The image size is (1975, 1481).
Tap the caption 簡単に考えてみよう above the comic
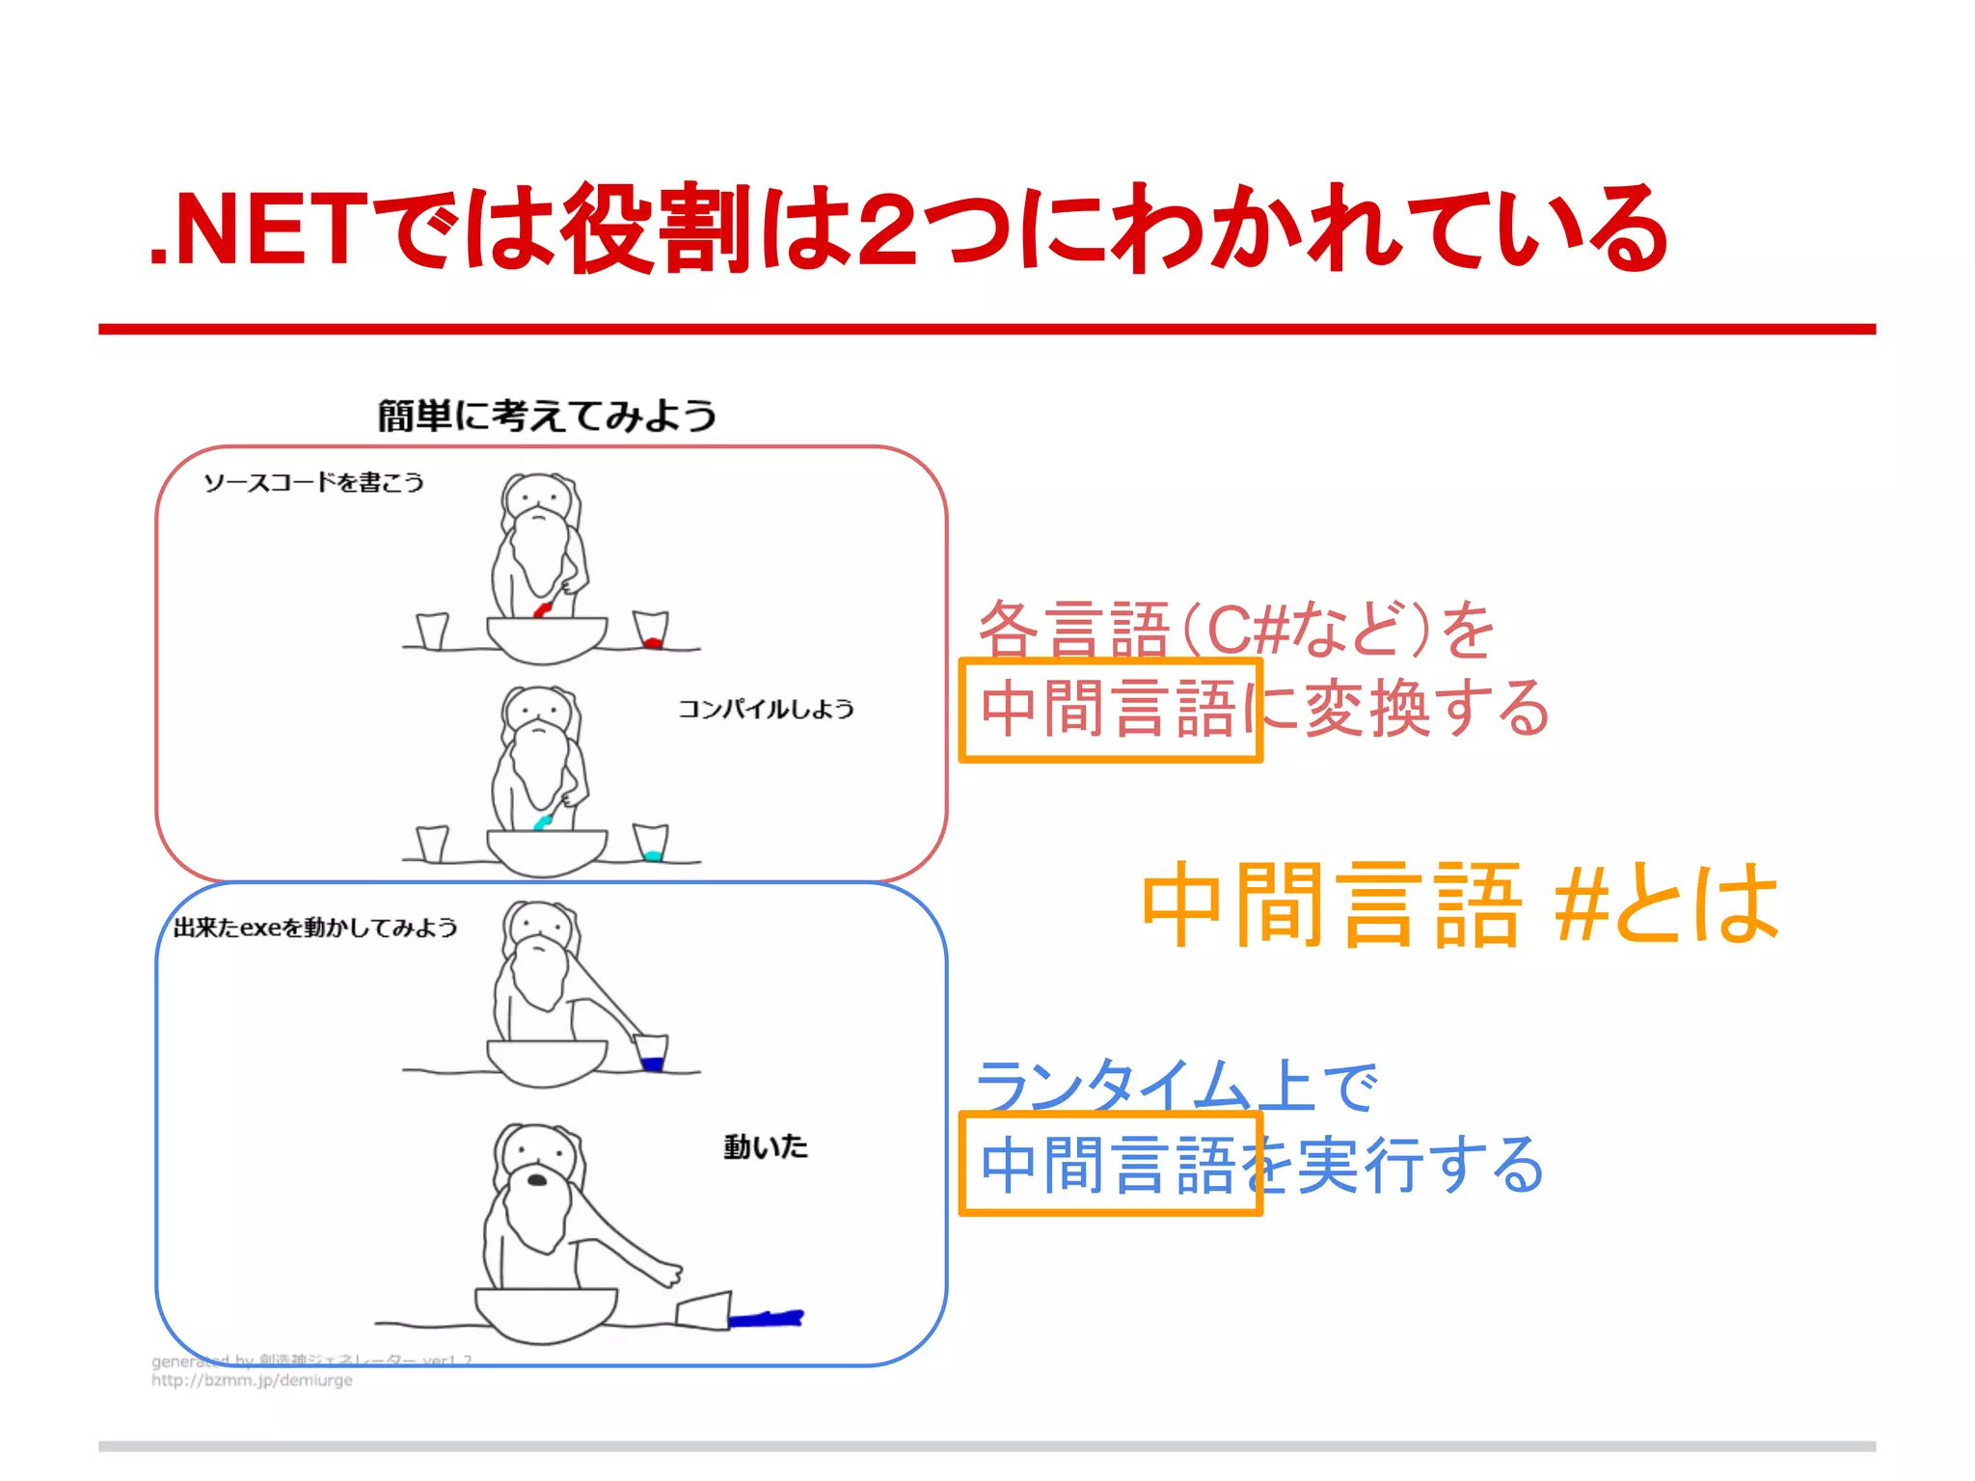point(547,416)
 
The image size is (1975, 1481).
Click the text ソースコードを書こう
point(313,482)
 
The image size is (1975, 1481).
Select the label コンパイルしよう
point(766,710)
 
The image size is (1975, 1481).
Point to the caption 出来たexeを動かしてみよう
point(315,928)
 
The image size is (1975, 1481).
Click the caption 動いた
point(766,1146)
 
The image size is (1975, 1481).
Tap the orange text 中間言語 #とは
point(1459,904)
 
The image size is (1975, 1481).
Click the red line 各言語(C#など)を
point(1235,629)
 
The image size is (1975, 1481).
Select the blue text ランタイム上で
point(1177,1086)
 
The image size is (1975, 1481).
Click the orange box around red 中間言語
point(1110,662)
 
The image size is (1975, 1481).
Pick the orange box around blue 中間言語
point(1110,1117)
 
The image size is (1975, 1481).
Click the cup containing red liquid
point(651,631)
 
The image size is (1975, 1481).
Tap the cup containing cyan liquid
point(651,844)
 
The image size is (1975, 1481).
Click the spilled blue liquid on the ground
point(766,1318)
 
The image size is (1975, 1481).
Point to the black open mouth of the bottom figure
point(537,1179)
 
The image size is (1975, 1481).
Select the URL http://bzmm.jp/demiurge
point(252,1381)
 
